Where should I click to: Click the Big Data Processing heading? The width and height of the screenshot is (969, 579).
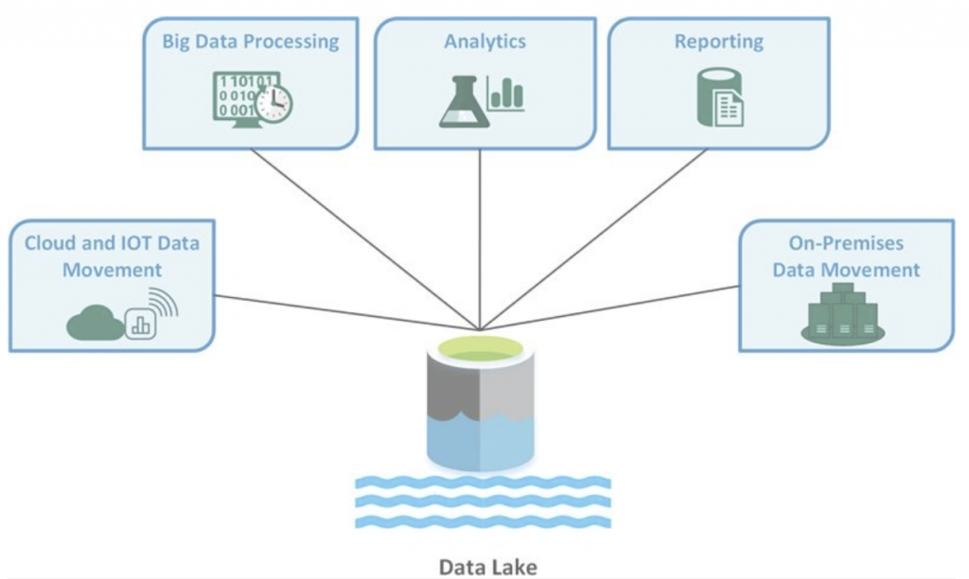click(250, 42)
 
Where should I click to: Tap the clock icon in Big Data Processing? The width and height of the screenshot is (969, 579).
click(273, 102)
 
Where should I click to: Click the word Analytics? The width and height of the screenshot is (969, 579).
click(484, 42)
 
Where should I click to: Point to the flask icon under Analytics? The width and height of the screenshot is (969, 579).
click(463, 102)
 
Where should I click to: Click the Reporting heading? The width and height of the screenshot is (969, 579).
click(718, 42)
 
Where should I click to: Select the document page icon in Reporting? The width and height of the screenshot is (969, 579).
click(730, 108)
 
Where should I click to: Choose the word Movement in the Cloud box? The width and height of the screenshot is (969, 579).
click(112, 270)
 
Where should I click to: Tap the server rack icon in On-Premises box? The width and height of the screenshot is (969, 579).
click(842, 313)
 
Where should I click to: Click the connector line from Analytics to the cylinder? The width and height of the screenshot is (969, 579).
click(481, 237)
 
